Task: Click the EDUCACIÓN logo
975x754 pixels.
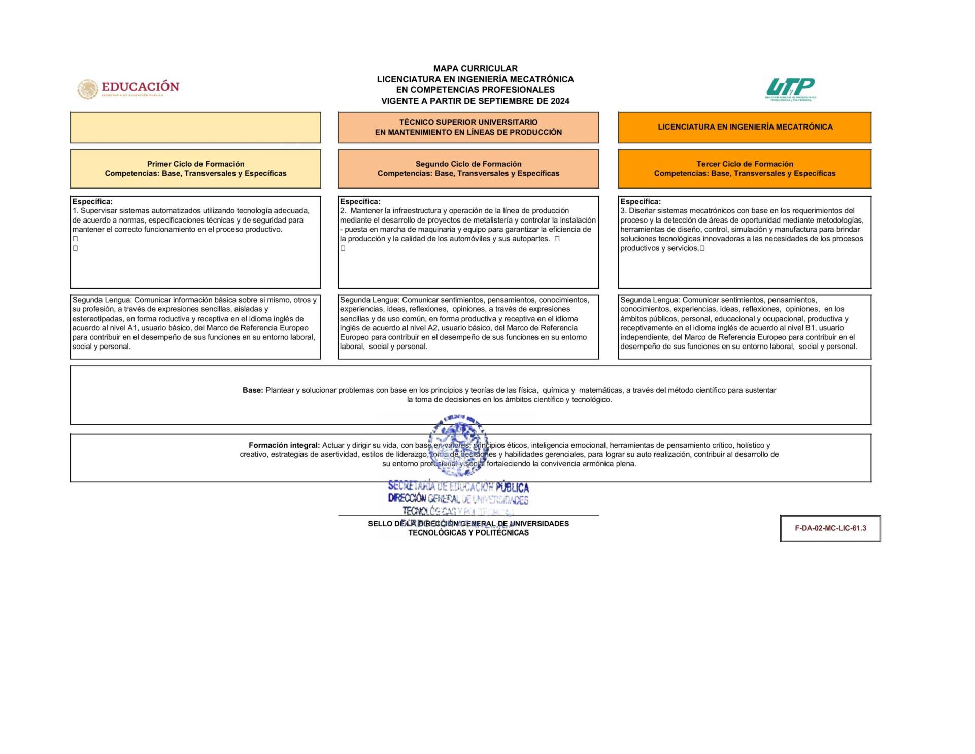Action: [128, 88]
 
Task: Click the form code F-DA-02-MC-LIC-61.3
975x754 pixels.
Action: [830, 528]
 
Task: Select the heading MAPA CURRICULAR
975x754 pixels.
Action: [476, 68]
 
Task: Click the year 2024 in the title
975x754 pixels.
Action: [560, 101]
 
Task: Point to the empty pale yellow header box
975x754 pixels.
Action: [195, 128]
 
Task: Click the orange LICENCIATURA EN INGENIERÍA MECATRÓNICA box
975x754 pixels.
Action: [745, 127]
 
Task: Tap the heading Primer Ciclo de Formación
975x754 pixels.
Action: [195, 164]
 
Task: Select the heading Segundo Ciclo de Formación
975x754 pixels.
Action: [468, 164]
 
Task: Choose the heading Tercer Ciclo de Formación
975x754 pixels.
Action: [745, 164]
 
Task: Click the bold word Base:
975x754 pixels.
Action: [253, 390]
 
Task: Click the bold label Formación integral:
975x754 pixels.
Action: [284, 445]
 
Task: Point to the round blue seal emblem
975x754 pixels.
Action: [459, 444]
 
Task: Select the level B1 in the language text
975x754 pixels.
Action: [811, 328]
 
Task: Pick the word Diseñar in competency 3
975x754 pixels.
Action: [643, 211]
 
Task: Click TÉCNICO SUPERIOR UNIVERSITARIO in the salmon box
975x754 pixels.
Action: [468, 122]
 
